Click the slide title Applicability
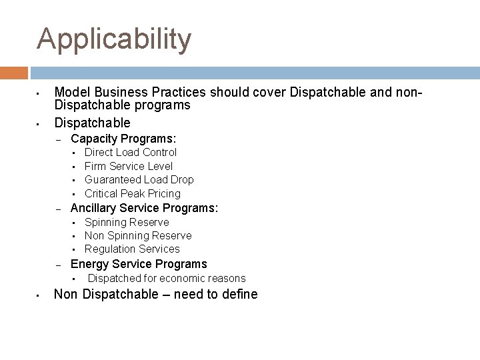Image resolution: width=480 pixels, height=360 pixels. coord(114,39)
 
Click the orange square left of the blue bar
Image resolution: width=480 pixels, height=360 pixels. coord(14,73)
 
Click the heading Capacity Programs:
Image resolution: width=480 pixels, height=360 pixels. coord(123,139)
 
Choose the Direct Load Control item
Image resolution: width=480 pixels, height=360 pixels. coord(131,153)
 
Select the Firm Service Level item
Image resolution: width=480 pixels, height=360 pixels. coord(129,166)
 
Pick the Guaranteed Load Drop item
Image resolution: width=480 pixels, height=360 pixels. coord(139,180)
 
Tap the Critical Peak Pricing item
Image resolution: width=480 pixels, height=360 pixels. coord(133,193)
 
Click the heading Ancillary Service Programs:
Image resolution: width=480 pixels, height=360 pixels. coord(144,208)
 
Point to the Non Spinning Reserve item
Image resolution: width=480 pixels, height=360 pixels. coord(138,235)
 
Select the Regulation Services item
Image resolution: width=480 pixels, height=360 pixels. coord(132,249)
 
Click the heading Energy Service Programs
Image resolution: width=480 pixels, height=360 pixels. coord(139,264)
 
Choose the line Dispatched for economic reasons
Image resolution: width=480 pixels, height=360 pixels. coord(167,279)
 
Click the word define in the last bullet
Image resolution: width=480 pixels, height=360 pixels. coord(239,295)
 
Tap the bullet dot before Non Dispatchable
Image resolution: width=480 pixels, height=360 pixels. coord(39,295)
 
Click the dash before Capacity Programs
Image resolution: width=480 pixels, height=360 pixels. coord(59,139)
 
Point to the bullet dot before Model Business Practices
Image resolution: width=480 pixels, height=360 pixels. coord(39,93)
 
